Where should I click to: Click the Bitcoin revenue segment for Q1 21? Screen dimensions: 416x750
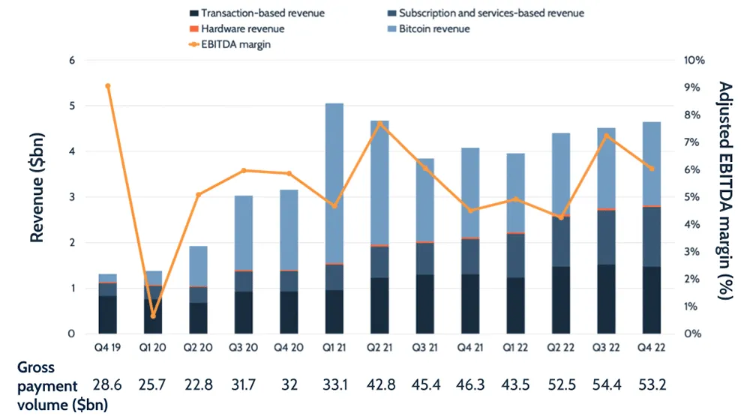[x=334, y=183]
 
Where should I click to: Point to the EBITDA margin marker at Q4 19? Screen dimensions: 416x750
[x=108, y=86]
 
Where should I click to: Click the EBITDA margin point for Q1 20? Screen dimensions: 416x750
[x=153, y=316]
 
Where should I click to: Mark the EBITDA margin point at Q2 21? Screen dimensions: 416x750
[x=379, y=124]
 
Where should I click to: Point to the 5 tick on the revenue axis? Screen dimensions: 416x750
[x=72, y=106]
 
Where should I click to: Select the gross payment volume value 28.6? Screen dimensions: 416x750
[x=108, y=385]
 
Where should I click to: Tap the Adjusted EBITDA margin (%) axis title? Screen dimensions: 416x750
[x=724, y=191]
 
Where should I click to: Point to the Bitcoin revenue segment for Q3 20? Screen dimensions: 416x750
[x=243, y=232]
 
